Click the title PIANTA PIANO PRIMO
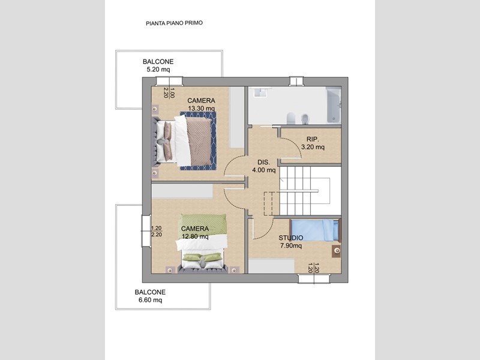click(x=174, y=23)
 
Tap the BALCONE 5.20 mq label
click(x=158, y=65)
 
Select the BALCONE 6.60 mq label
click(x=150, y=296)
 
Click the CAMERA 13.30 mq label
click(x=201, y=104)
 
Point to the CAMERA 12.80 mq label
click(x=195, y=233)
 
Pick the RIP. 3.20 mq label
click(x=313, y=143)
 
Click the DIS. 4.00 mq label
click(x=263, y=166)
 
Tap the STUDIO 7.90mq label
click(x=291, y=242)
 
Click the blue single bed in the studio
click(x=314, y=230)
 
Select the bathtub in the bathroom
click(x=334, y=104)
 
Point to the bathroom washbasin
click(x=260, y=92)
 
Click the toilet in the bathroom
click(x=291, y=118)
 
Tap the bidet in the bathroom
click(x=305, y=119)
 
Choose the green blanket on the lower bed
click(x=203, y=223)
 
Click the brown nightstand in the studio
click(x=337, y=251)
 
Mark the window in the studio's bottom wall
click(x=314, y=278)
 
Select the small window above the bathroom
click(x=296, y=81)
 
